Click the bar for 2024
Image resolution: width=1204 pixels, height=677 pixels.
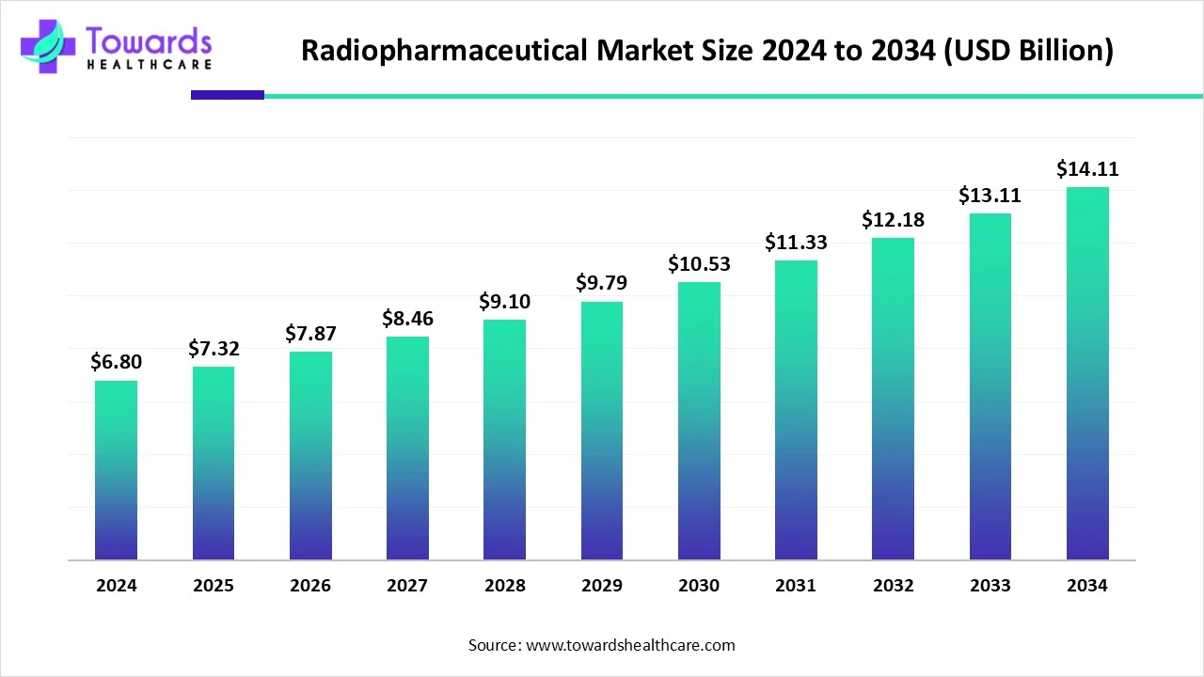116,470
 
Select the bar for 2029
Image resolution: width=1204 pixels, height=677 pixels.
601,431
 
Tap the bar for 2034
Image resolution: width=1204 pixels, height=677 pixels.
1087,373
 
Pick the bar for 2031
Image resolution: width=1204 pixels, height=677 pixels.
796,410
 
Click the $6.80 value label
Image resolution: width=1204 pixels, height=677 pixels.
116,362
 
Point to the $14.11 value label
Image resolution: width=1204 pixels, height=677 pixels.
1087,169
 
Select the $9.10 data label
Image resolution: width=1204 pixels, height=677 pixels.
504,302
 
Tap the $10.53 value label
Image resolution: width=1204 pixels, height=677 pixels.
699,264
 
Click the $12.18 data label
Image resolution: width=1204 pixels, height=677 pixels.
893,220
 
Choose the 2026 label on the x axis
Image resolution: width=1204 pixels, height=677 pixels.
310,586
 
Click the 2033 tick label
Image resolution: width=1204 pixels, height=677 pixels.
990,586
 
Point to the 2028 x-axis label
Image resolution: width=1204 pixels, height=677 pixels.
504,586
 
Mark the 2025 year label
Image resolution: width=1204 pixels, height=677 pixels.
214,586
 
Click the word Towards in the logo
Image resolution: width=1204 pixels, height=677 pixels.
149,40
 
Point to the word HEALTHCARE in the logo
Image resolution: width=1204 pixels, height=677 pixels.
149,64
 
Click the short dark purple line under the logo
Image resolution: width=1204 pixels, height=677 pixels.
228,95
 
